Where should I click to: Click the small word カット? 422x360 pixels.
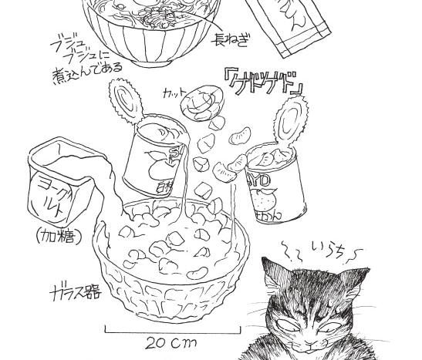click(174, 94)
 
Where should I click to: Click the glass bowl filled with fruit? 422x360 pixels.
click(172, 262)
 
